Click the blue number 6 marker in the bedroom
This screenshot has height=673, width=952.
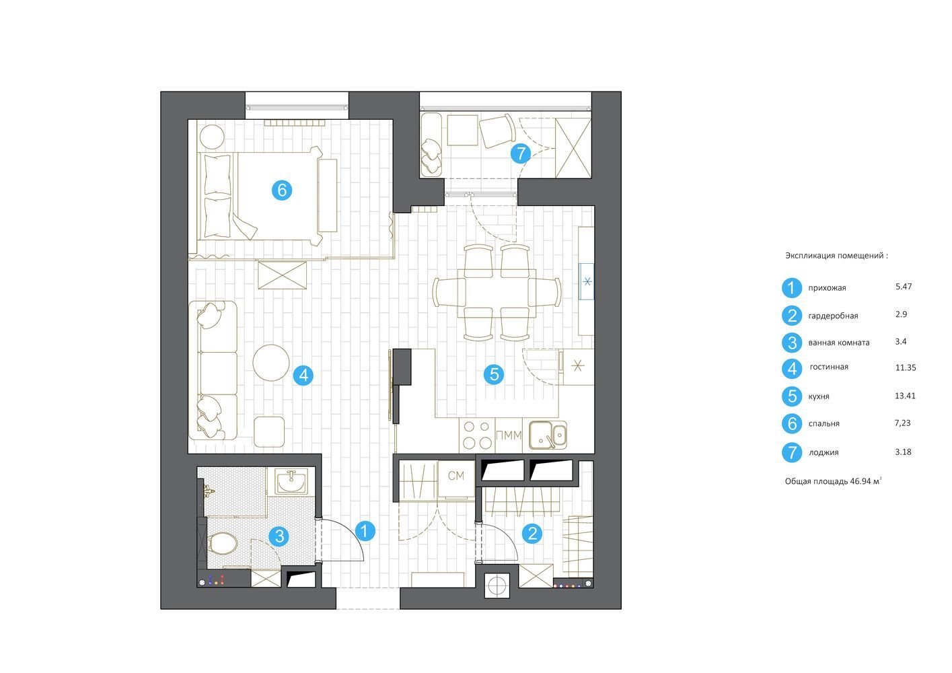282,190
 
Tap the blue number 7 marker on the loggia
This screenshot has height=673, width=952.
521,153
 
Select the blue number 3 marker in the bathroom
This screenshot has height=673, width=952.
280,536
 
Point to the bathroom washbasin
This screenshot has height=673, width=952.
291,482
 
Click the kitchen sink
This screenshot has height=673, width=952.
548,435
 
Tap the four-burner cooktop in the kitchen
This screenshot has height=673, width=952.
477,435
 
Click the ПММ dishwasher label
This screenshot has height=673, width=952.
509,435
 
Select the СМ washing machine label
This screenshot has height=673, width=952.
456,476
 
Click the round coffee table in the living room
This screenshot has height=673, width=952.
271,363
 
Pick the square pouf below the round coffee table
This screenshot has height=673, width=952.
269,431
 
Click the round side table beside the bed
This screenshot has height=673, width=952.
212,136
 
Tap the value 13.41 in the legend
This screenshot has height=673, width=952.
906,396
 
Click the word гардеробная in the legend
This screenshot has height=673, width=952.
833,316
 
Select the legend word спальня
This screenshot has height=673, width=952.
823,423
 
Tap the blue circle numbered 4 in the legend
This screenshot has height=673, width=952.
792,368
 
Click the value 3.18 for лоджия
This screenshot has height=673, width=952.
903,452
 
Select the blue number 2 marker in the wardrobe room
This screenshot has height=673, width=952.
532,533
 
